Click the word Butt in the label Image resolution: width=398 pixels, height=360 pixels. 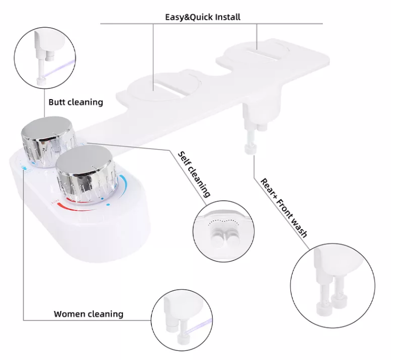coord(57,102)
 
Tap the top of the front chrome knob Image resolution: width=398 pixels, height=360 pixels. coord(85,160)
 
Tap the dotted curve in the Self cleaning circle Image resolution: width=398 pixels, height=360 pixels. coord(224,222)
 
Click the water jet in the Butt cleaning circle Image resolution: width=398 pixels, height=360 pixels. coord(60,68)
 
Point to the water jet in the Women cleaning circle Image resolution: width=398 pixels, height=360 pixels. coord(199,326)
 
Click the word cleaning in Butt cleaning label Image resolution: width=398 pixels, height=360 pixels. coord(85,102)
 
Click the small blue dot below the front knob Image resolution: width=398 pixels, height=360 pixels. coord(108,204)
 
